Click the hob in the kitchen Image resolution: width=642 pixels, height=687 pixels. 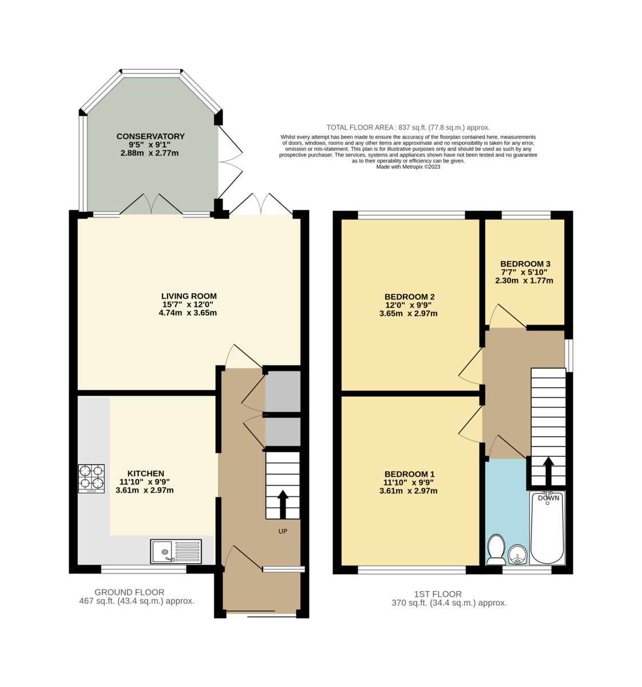pos(92,479)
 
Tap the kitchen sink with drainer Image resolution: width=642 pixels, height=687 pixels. pos(176,551)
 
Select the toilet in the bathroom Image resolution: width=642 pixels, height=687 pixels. pos(496,549)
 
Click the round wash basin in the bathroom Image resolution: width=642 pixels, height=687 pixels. pos(518,554)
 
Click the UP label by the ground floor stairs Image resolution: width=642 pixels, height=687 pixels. pos(283,531)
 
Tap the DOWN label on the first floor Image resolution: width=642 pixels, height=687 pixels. pos(548,498)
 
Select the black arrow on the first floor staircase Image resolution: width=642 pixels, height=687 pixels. pos(548,471)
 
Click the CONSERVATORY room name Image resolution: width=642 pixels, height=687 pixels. pos(150,136)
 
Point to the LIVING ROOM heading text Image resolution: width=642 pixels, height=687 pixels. pos(189,296)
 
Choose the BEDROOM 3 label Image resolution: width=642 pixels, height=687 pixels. pos(525,264)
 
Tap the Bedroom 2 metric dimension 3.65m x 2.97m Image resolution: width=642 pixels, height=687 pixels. pos(409,314)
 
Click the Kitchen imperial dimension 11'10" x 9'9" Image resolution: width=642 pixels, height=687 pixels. pos(145,482)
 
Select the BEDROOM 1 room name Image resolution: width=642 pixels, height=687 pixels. pos(409,474)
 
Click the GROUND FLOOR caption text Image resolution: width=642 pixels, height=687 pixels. pos(129,593)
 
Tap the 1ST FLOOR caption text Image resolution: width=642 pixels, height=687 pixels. pos(438,594)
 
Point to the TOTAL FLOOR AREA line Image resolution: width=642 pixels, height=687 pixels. pos(408,128)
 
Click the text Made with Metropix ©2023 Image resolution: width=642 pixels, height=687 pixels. pos(408,167)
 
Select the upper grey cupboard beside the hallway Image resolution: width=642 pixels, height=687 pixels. pos(283,392)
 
